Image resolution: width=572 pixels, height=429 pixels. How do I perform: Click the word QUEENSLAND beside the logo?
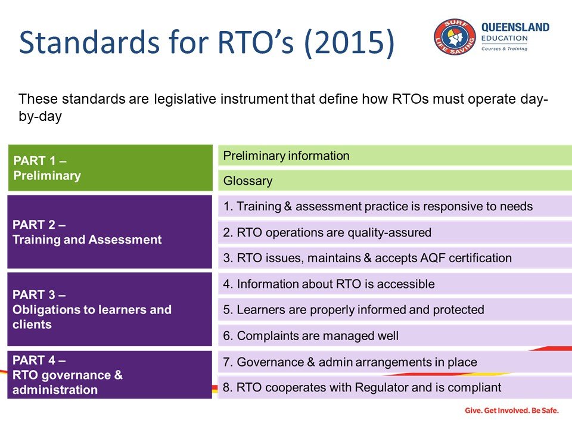[x=515, y=27]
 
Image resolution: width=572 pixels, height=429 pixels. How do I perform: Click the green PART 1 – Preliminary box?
[x=110, y=167]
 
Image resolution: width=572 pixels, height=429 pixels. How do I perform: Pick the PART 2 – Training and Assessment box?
[x=110, y=232]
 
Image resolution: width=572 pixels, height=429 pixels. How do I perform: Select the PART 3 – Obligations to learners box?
[x=110, y=309]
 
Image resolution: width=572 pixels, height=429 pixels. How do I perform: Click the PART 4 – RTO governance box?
[x=110, y=375]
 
